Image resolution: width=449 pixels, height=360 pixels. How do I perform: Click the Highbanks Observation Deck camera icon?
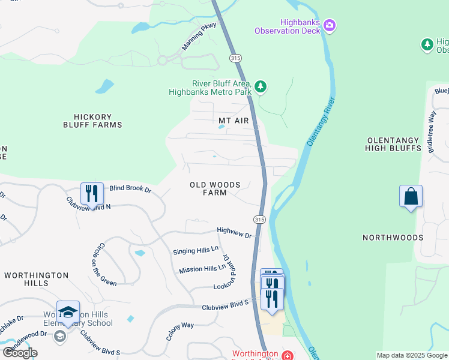(x=329, y=25)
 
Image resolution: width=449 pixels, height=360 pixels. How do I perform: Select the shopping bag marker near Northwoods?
(x=411, y=196)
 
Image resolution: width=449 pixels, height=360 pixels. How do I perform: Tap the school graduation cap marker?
(x=68, y=313)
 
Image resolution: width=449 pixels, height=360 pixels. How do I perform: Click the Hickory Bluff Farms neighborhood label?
(x=92, y=121)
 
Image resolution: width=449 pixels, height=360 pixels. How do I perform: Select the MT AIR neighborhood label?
(x=234, y=121)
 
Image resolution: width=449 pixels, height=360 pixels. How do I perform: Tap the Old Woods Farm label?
(x=215, y=188)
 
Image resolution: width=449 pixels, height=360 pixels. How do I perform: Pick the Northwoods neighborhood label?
(x=393, y=238)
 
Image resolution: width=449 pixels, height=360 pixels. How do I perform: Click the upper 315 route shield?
(x=235, y=57)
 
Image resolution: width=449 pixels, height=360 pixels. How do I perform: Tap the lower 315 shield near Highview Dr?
(x=259, y=220)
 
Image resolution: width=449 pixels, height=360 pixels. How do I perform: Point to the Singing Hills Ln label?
(x=195, y=250)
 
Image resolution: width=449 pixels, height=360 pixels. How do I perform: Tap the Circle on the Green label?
(x=104, y=264)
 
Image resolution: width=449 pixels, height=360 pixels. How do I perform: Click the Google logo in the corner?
(x=20, y=353)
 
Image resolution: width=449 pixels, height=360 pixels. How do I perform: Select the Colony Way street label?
(x=179, y=332)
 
